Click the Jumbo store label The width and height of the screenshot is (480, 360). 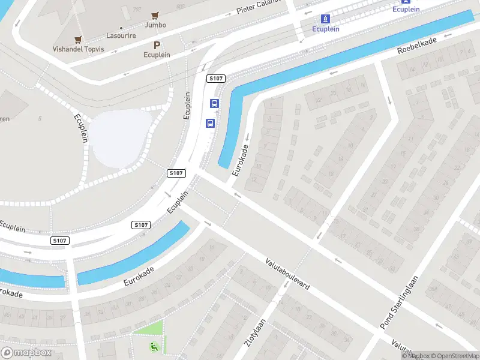click(x=155, y=25)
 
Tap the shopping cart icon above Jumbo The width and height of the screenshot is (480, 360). click(x=155, y=15)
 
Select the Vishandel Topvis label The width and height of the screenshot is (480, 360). click(x=78, y=49)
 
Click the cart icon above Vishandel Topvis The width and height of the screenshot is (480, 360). click(x=78, y=40)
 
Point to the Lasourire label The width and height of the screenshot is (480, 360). click(x=121, y=36)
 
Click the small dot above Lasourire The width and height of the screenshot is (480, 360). click(x=121, y=28)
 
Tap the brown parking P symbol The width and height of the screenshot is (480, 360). click(x=157, y=45)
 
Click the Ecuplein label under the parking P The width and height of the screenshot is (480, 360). click(x=157, y=55)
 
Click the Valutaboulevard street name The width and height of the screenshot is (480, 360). click(x=288, y=274)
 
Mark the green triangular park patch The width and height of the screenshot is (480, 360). click(x=151, y=329)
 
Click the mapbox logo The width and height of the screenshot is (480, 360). click(x=26, y=353)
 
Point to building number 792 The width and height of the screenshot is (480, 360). click(x=137, y=10)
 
